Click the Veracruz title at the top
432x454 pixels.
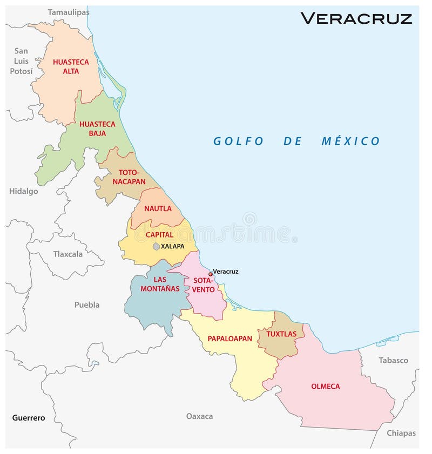click(356, 18)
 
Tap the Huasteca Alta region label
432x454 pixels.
click(70, 66)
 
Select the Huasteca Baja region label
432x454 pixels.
click(97, 128)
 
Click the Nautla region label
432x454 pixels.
click(158, 208)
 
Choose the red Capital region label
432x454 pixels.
click(159, 235)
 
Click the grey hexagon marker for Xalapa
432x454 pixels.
click(156, 246)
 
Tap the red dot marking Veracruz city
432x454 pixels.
click(211, 274)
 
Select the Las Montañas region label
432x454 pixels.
click(160, 284)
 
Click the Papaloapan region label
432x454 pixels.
click(230, 338)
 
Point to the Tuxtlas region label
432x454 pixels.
click(281, 334)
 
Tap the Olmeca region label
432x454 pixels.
click(325, 386)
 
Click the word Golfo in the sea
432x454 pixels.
click(238, 141)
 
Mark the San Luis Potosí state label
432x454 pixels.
click(21, 61)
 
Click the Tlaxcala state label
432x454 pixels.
click(68, 254)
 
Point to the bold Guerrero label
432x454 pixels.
click(29, 418)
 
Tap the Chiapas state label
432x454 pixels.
click(401, 433)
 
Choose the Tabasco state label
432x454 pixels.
click(393, 360)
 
